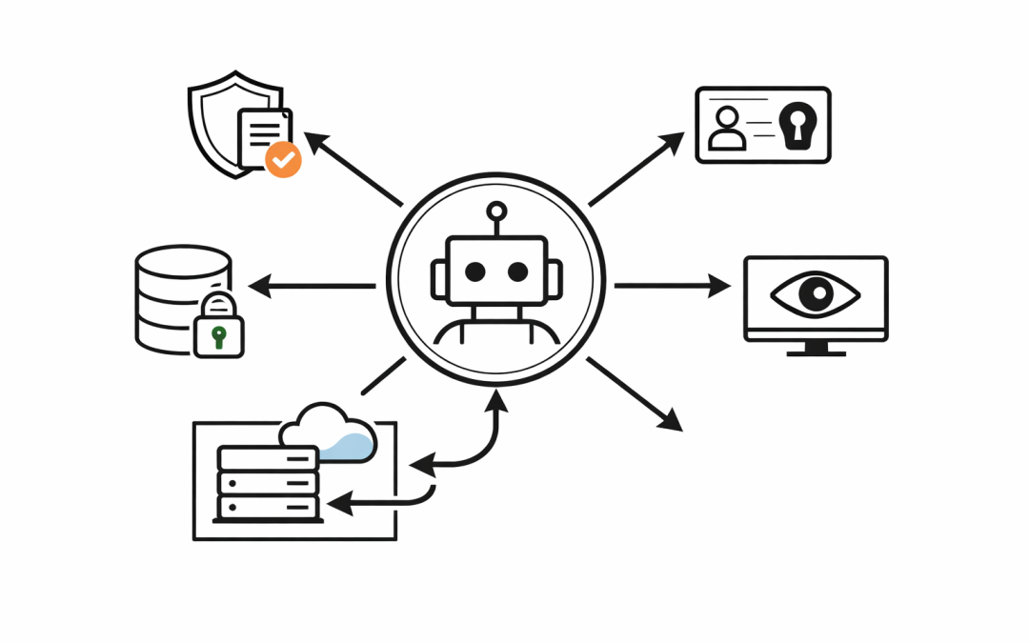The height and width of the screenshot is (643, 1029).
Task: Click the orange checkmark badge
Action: [282, 159]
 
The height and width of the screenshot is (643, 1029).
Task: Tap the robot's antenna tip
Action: [495, 211]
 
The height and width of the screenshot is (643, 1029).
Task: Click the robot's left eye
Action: [474, 271]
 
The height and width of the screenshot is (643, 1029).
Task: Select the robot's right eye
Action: [517, 271]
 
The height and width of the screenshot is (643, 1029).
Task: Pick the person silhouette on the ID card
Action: [729, 130]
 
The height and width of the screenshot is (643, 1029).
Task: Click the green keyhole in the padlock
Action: [218, 336]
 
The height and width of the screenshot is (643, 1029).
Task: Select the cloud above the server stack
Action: [329, 433]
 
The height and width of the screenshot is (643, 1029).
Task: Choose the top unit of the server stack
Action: [268, 458]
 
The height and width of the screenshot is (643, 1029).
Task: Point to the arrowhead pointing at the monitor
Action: [720, 285]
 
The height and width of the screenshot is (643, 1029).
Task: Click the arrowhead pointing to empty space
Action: [672, 420]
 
